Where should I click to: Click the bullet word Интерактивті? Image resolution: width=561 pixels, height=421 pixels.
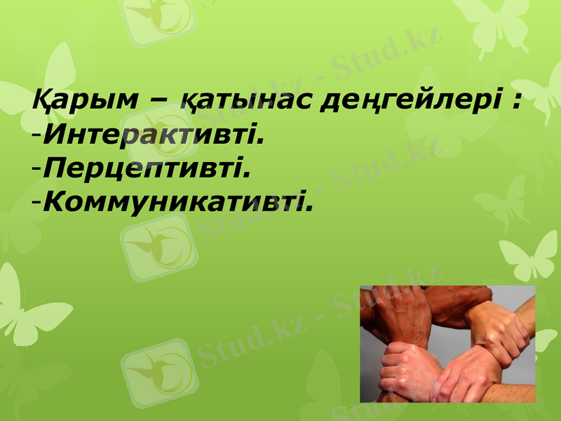pyautogui.click(x=154, y=133)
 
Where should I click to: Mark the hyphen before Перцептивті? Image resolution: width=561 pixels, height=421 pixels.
pyautogui.click(x=36, y=169)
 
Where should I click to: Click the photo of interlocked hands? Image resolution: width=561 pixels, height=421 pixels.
pyautogui.click(x=447, y=344)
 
